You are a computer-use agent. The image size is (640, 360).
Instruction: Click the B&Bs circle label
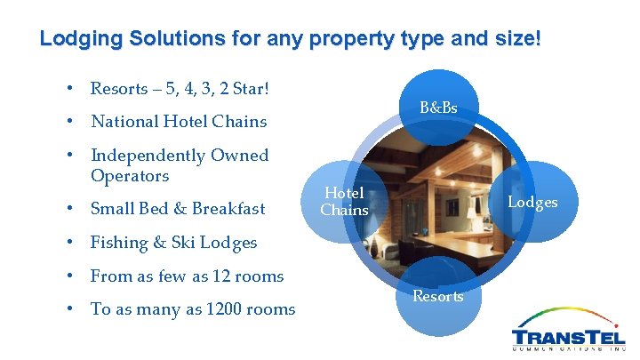438,108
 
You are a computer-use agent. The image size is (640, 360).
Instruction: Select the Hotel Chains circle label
344,201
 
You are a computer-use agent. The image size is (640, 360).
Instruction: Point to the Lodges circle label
532,202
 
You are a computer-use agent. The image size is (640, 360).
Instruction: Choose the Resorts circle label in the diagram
438,296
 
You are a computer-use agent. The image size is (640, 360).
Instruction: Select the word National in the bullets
125,122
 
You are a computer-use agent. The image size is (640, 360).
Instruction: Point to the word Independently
148,156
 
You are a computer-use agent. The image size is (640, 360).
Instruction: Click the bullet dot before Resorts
68,88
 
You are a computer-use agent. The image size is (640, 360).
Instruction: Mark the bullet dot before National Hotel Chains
68,122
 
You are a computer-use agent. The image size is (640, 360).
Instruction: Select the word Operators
130,176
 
